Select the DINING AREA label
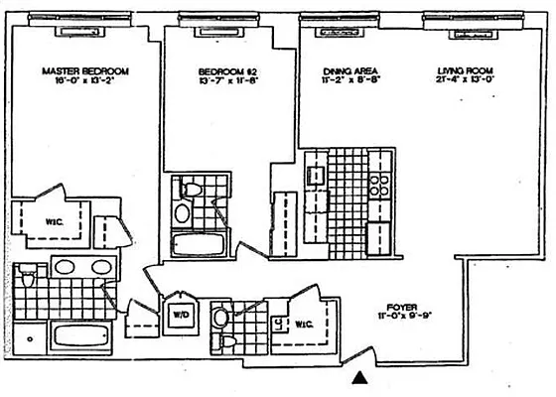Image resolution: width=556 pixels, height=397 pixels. point(348,72)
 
